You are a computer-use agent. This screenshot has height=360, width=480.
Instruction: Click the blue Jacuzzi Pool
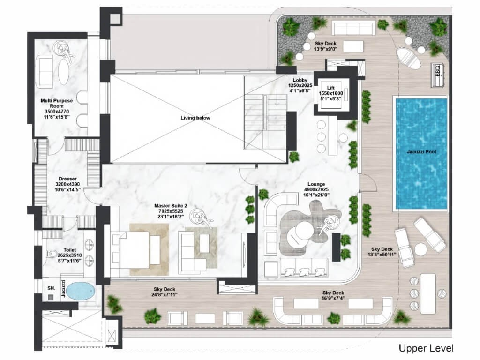point(421,154)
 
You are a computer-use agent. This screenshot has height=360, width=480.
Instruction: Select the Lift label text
point(330,88)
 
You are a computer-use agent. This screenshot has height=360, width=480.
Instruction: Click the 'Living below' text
point(195,118)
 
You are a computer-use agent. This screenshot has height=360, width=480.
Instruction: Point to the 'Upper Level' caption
point(426,348)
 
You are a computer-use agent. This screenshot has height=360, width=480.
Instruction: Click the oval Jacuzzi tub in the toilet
point(81,291)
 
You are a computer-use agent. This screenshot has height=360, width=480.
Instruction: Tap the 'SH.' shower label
point(52,288)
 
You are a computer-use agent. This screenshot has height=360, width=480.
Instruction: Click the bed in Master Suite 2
point(135,250)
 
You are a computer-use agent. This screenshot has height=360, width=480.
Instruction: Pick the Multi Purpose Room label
point(57,103)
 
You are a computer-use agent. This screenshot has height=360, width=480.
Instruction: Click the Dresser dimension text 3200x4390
point(67,184)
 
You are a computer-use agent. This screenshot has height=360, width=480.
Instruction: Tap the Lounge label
point(316,184)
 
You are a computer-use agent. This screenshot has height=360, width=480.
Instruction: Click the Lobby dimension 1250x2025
point(300,85)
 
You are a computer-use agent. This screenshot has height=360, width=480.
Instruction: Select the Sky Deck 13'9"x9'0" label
point(325,46)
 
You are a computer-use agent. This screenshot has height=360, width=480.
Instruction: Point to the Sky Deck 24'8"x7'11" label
point(165,292)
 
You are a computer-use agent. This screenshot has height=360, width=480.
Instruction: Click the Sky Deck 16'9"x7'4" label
point(333,295)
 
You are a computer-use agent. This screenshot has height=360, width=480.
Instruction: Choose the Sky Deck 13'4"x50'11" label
point(382,252)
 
